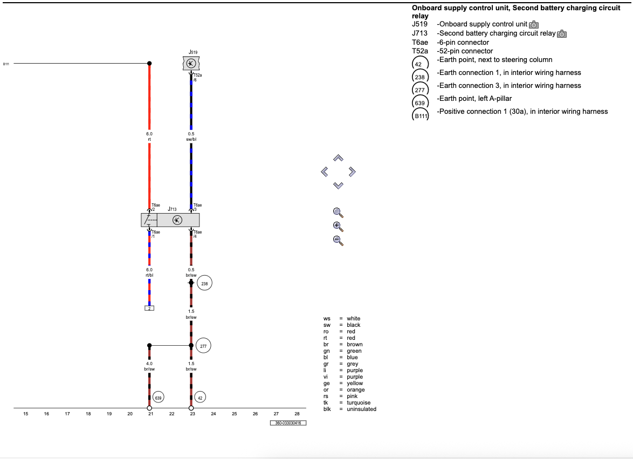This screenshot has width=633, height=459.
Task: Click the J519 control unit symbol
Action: (191, 64)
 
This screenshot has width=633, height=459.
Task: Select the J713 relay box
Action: (170, 220)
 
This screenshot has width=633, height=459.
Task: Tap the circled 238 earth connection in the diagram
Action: (205, 283)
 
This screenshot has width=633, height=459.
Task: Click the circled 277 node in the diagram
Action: (203, 346)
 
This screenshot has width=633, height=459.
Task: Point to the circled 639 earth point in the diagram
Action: (158, 398)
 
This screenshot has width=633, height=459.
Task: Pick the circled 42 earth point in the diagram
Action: (200, 398)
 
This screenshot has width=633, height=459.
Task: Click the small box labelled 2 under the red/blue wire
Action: (149, 308)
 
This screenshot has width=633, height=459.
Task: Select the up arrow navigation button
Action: (338, 158)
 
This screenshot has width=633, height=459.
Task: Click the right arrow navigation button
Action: (352, 172)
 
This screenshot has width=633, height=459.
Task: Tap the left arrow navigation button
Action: (324, 172)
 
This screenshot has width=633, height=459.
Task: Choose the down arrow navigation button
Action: (338, 186)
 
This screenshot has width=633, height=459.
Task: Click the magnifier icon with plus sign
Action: (338, 227)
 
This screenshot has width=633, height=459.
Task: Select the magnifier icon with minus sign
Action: (338, 241)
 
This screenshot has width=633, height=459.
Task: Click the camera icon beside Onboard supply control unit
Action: (534, 25)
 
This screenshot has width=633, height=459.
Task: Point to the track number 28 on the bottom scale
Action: (297, 414)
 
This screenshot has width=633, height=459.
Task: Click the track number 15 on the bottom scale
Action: (25, 414)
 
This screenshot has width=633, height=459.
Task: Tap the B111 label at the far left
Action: (6, 64)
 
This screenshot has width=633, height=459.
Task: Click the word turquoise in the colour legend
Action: (359, 402)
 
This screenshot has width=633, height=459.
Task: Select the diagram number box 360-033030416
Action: (288, 423)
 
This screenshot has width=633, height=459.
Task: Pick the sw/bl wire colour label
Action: (191, 139)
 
